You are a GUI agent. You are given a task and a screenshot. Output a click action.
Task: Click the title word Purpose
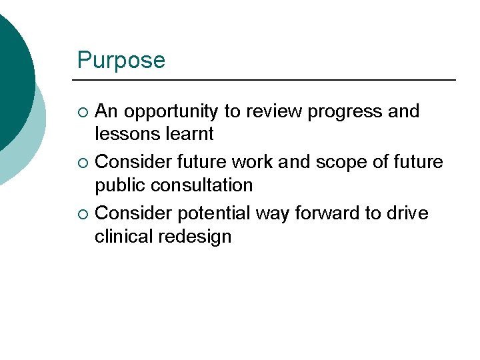coord(121,61)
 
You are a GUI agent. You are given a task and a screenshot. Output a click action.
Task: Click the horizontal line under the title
coord(267,80)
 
